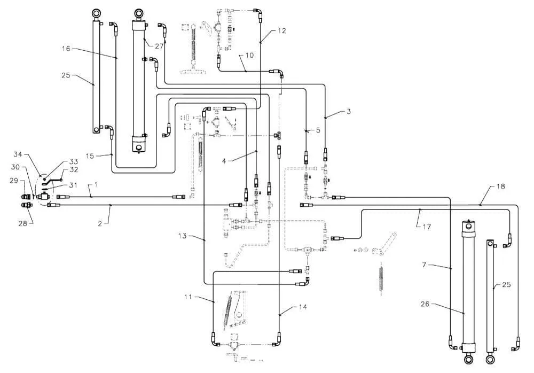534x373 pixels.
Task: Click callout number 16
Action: point(66,49)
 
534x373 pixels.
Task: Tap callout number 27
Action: point(159,46)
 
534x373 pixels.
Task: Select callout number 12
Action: point(281,30)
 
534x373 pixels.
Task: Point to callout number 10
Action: point(249,55)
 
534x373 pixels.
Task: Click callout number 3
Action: point(348,112)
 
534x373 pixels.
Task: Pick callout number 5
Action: point(318,130)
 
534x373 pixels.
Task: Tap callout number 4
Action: point(224,161)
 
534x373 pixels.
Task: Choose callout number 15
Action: point(90,156)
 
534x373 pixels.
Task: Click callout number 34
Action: point(18,154)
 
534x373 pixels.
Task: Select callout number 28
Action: point(22,223)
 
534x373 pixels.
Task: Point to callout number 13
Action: point(183,236)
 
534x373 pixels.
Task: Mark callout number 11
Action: point(189,297)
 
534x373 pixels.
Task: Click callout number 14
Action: point(303,307)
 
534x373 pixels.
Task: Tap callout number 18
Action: point(501,187)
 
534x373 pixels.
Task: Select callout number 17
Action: point(427,227)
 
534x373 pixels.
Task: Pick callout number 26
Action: point(425,304)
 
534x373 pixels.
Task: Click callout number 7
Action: point(424,265)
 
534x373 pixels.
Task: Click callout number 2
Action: point(100,224)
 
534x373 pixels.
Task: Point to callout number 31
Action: point(73,185)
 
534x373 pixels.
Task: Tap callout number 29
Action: point(14,181)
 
